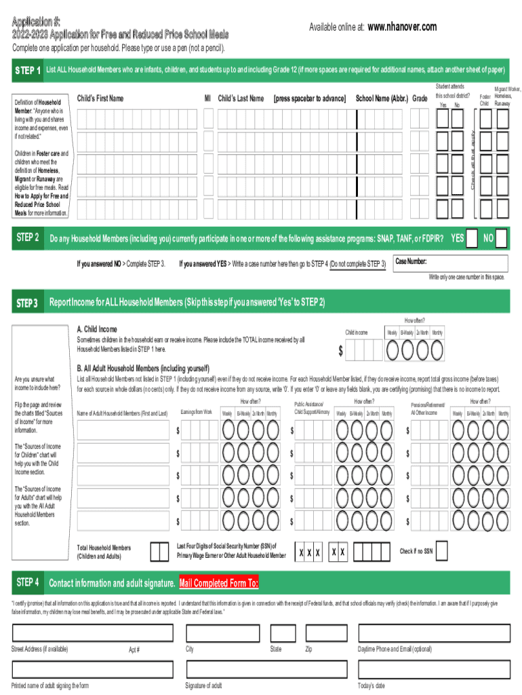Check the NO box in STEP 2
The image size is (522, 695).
(x=501, y=239)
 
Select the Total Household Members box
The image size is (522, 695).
(x=159, y=551)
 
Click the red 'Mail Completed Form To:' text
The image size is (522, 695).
(x=218, y=583)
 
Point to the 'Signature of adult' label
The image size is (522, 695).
(x=203, y=685)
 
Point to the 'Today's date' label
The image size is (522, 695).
(x=371, y=685)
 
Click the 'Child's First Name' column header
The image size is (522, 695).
(x=100, y=98)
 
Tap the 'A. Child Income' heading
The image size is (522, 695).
(x=101, y=329)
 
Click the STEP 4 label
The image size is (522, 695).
(x=28, y=582)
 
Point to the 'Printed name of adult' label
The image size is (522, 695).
(x=50, y=685)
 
